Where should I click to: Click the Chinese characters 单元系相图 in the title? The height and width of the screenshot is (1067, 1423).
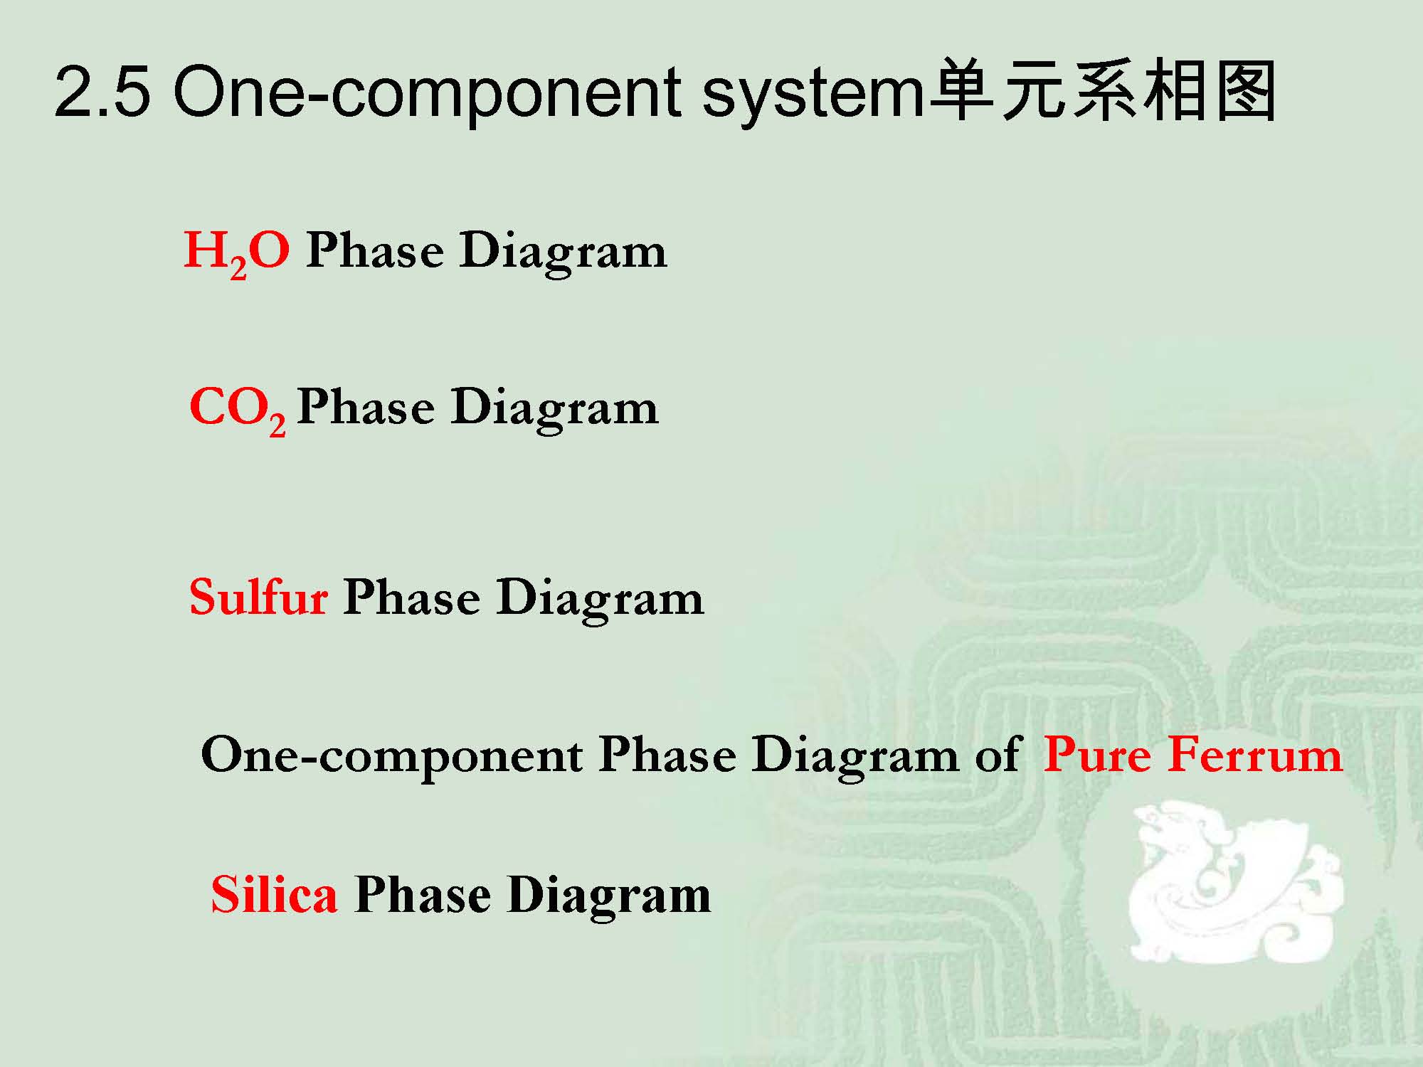pyautogui.click(x=1101, y=92)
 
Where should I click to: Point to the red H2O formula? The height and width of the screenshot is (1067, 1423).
pyautogui.click(x=237, y=254)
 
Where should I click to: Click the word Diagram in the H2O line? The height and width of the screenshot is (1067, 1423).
pyautogui.click(x=564, y=254)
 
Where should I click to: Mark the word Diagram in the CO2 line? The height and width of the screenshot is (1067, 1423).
pyautogui.click(x=555, y=410)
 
